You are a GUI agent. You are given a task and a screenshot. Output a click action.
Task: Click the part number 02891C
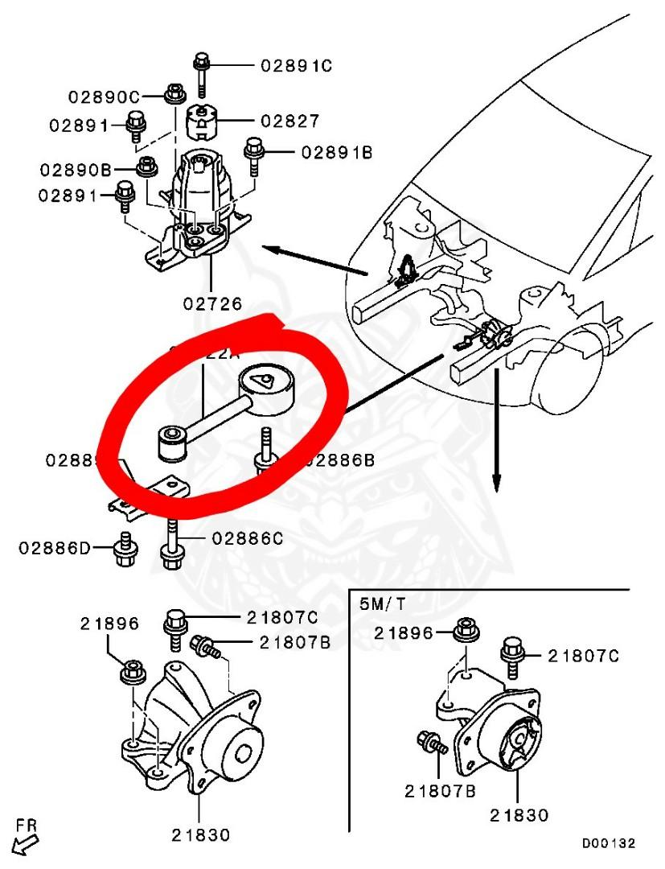pos(296,66)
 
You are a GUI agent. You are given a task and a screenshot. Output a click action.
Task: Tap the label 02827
pos(289,121)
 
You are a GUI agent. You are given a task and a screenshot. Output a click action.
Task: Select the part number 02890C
pos(103,97)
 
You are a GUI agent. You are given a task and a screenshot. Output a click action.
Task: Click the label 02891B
pos(337,151)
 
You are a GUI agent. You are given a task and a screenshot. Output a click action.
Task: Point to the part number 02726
pos(212,303)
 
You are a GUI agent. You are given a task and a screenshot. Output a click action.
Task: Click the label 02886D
pos(55,548)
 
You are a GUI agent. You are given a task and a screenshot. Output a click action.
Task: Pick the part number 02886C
pos(247,538)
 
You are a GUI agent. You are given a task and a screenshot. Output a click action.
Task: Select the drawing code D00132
pos(609,843)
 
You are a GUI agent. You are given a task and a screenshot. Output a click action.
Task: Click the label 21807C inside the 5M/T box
pos(583,656)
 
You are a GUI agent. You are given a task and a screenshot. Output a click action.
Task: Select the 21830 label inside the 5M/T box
pos(519,815)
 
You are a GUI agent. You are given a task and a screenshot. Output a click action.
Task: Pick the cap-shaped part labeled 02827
pos(204,121)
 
